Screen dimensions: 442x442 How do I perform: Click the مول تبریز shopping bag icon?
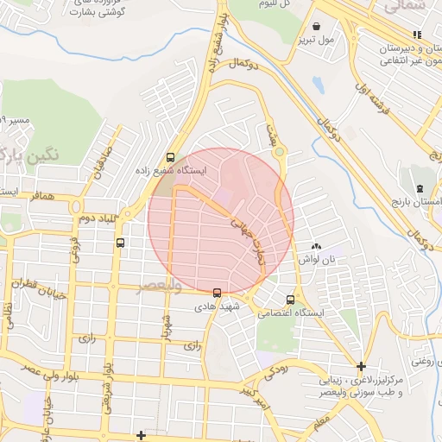[x=319, y=27]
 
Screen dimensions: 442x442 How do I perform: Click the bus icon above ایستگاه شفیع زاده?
[x=171, y=158]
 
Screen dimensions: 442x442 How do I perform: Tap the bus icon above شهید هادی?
[x=216, y=293]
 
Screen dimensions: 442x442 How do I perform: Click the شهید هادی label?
[x=210, y=306]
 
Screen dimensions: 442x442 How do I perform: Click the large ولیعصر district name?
[x=160, y=287]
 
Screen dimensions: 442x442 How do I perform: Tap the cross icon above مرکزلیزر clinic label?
[x=361, y=366]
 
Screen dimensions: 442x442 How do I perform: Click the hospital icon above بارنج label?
[x=420, y=187]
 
